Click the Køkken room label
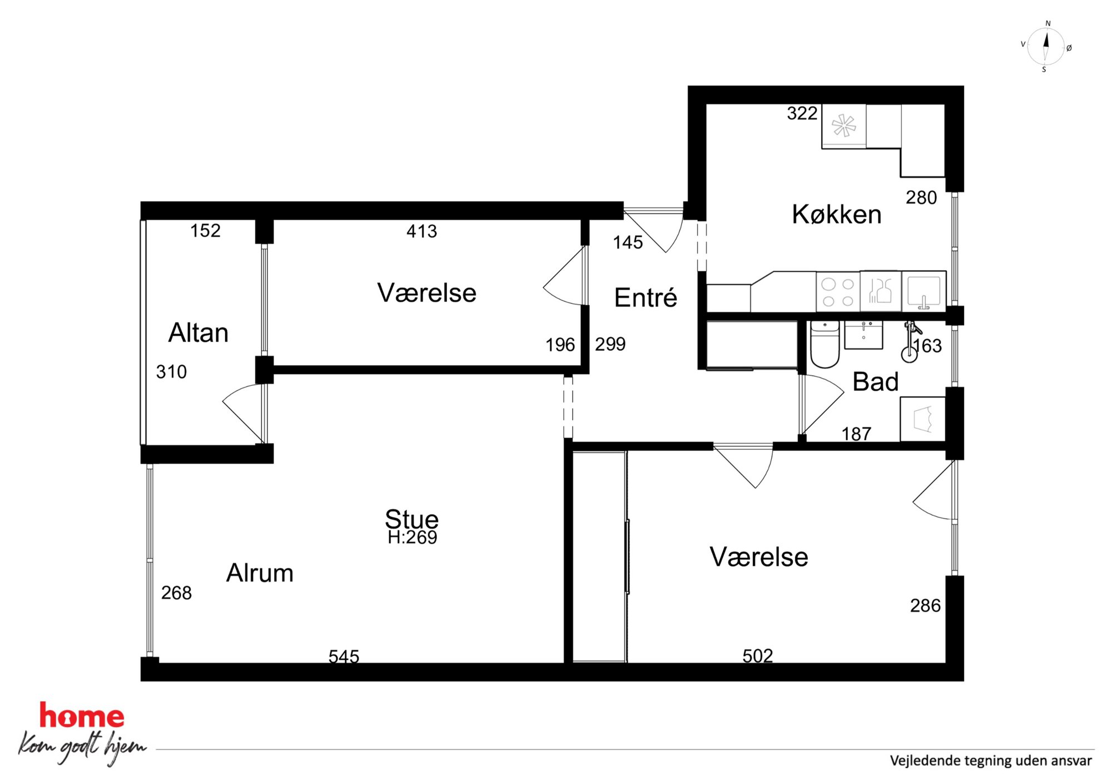pyautogui.click(x=837, y=214)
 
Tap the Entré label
pyautogui.click(x=645, y=297)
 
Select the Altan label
pyautogui.click(x=198, y=332)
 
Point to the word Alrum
pyautogui.click(x=260, y=573)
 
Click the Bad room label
pyautogui.click(x=876, y=382)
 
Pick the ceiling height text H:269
pyautogui.click(x=413, y=537)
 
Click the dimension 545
pyautogui.click(x=344, y=657)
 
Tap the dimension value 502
pyautogui.click(x=758, y=656)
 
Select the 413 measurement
pyautogui.click(x=421, y=231)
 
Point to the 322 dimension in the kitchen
pyautogui.click(x=802, y=113)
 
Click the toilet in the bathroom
pyautogui.click(x=824, y=344)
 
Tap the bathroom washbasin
pyautogui.click(x=863, y=335)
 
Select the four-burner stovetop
pyautogui.click(x=838, y=292)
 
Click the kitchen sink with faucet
pyautogui.click(x=923, y=291)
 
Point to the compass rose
pyautogui.click(x=1045, y=47)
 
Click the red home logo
pyautogui.click(x=82, y=715)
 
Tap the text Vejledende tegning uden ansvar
pyautogui.click(x=991, y=761)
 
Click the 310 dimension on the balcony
pyautogui.click(x=171, y=372)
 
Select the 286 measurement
pyautogui.click(x=925, y=605)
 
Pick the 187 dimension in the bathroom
pyautogui.click(x=856, y=434)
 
